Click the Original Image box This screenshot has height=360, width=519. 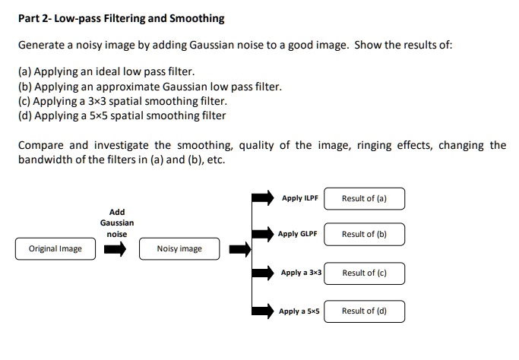click(55, 248)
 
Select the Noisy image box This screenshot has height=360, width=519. click(179, 248)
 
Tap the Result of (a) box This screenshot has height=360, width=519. click(364, 199)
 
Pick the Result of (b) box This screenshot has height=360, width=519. click(364, 234)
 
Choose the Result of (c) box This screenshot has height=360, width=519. click(364, 273)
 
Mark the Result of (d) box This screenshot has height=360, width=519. click(364, 311)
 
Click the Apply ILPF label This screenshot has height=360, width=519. click(299, 198)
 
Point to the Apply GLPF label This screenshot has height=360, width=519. click(298, 234)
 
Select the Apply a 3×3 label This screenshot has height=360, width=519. click(301, 272)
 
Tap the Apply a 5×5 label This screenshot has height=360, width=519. click(299, 311)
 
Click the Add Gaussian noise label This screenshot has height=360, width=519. click(117, 223)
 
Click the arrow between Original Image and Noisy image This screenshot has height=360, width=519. click(116, 248)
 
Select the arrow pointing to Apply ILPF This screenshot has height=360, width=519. click(262, 198)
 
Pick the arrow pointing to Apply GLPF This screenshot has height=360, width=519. click(262, 234)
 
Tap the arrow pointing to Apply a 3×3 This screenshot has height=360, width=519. click(262, 272)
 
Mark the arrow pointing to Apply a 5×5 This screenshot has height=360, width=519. click(262, 311)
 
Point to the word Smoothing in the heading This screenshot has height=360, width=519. click(198, 17)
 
